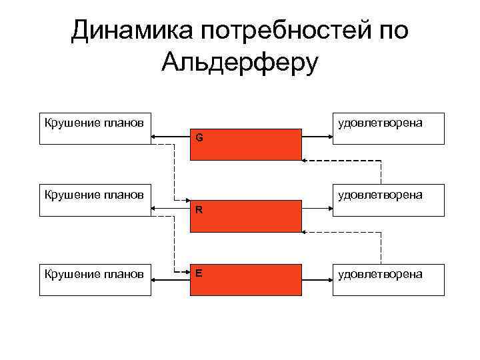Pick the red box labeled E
[245, 280]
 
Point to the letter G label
[199, 139]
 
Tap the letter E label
[199, 273]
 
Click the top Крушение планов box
[95, 129]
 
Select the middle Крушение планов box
[95, 201]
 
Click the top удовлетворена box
[389, 129]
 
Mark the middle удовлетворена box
[389, 201]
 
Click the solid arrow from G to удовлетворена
[317, 137]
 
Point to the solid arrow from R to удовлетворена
[317, 209]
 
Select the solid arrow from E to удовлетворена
[317, 273]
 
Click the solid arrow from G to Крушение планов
[171, 137]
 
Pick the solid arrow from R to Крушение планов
[171, 209]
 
